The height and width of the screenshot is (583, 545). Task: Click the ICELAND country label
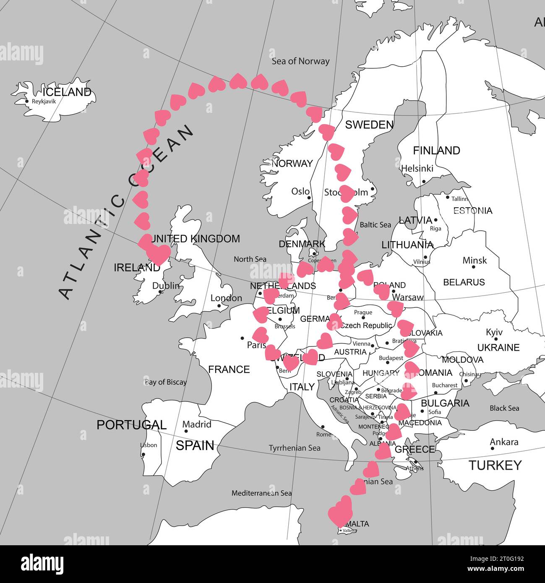pyautogui.click(x=67, y=92)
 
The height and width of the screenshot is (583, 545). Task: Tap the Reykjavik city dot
pyautogui.click(x=27, y=101)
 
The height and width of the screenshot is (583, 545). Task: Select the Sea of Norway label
pyautogui.click(x=300, y=61)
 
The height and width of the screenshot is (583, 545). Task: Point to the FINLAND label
pyautogui.click(x=436, y=150)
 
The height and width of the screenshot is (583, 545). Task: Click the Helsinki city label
pyautogui.click(x=417, y=168)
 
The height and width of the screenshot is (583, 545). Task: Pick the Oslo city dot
pyautogui.click(x=309, y=198)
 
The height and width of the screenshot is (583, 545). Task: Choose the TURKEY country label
pyautogui.click(x=495, y=465)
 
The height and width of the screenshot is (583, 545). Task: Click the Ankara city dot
pyautogui.click(x=493, y=448)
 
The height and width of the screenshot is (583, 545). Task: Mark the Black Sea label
pyautogui.click(x=504, y=408)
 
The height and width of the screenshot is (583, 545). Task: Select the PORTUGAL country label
pyautogui.click(x=131, y=425)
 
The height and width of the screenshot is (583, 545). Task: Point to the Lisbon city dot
pyautogui.click(x=143, y=455)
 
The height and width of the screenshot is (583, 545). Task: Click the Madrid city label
pyautogui.click(x=197, y=424)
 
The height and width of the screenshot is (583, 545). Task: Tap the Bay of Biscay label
pyautogui.click(x=166, y=382)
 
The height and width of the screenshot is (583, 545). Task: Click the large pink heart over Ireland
pyautogui.click(x=158, y=253)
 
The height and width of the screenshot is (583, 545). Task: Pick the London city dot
pyautogui.click(x=219, y=306)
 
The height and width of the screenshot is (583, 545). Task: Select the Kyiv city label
pyautogui.click(x=494, y=332)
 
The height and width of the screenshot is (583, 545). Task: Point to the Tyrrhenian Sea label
pyautogui.click(x=295, y=448)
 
